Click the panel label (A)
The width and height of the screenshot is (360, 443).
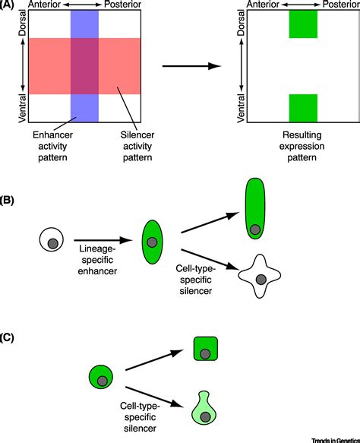point(10,6)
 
